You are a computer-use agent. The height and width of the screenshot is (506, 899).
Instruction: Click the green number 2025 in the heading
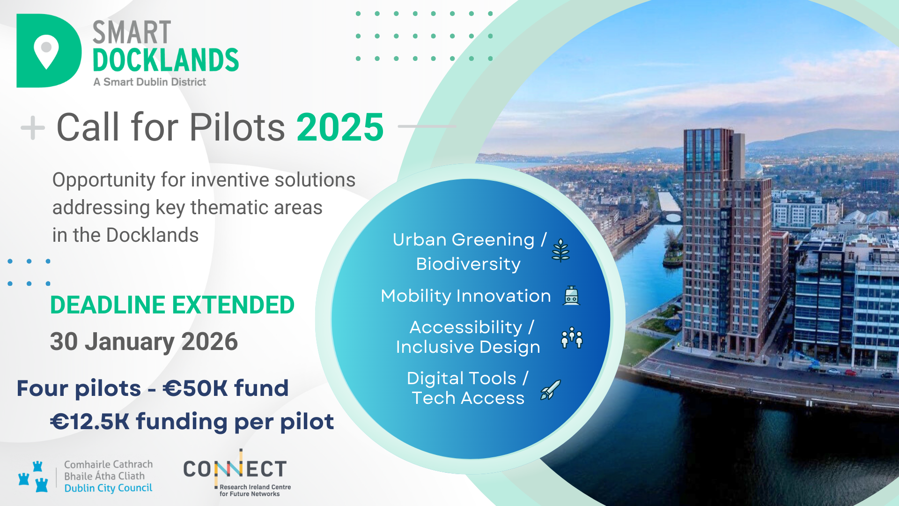click(x=340, y=127)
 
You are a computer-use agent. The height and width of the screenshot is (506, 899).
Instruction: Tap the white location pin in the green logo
click(x=46, y=51)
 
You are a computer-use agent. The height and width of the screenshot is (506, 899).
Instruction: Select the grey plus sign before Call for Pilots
click(x=33, y=127)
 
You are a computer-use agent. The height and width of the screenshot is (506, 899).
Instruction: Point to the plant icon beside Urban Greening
click(x=560, y=250)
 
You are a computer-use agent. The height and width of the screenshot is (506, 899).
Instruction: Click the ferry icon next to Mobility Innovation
click(x=571, y=296)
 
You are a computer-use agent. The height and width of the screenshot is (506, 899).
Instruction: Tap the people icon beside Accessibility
click(x=572, y=337)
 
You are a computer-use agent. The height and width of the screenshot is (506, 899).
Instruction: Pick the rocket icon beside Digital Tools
click(x=551, y=390)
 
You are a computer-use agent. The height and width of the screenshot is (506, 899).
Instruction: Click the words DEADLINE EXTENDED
click(x=172, y=305)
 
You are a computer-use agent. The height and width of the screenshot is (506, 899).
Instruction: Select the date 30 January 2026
click(x=144, y=342)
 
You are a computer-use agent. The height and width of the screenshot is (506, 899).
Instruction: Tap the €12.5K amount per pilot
click(x=89, y=422)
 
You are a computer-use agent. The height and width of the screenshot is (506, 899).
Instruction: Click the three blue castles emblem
click(x=33, y=476)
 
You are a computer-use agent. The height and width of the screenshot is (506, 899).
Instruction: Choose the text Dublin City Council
click(x=108, y=488)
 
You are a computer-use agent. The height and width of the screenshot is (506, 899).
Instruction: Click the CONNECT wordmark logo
click(x=235, y=469)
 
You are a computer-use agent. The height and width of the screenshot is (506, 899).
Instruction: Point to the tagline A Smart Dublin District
click(x=149, y=82)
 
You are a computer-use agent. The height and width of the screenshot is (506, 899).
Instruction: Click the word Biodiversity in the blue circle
click(x=468, y=264)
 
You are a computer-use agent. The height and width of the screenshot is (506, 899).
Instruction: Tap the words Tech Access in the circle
click(x=468, y=398)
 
